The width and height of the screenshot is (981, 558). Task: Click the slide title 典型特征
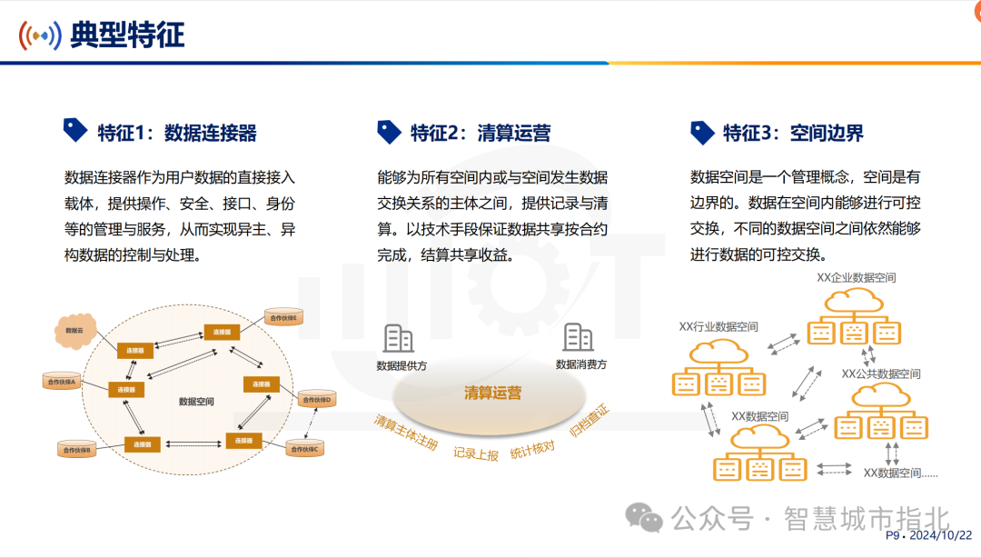pos(127,35)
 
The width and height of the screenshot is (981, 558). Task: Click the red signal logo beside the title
pos(40,35)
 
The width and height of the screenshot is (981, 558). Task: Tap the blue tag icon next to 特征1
pos(74,131)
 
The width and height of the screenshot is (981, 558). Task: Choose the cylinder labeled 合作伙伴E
pos(282,317)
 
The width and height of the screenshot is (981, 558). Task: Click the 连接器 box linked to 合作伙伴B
pos(143,444)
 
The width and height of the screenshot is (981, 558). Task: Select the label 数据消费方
pos(581,364)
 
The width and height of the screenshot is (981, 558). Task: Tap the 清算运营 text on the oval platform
pos(492,394)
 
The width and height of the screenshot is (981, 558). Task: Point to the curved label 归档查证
pos(589,422)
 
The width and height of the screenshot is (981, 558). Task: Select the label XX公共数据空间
pos(880,374)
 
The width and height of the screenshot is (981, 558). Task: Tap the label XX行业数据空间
pos(718,326)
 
